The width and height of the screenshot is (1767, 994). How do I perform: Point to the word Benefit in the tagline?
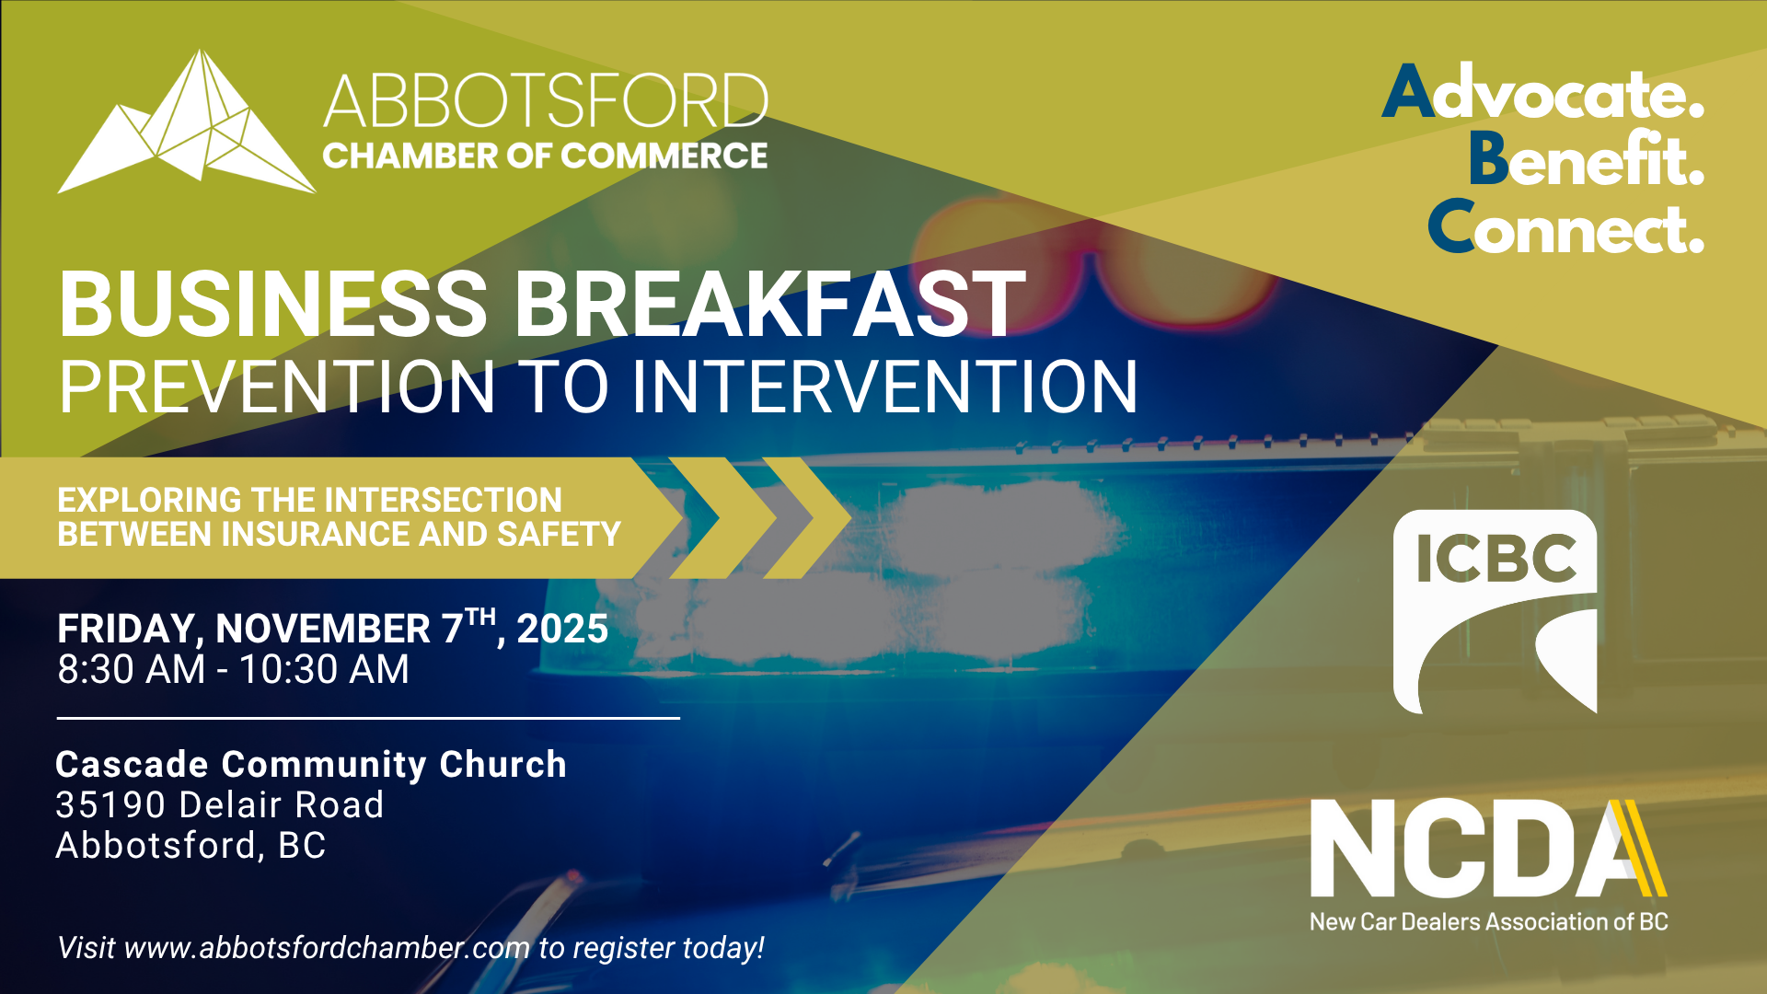click(1586, 157)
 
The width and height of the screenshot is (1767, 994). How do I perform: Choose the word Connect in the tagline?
click(1565, 226)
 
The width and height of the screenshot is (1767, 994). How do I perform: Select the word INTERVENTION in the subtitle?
click(884, 387)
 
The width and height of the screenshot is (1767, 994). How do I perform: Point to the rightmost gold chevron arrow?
click(807, 517)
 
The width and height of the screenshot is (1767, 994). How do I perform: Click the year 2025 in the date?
click(562, 629)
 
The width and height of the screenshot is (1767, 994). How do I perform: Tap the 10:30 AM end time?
click(324, 669)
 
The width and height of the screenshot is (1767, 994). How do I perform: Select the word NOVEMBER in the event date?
click(323, 629)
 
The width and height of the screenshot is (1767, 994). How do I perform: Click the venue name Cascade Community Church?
click(311, 765)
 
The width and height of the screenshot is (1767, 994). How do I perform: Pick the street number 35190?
click(111, 805)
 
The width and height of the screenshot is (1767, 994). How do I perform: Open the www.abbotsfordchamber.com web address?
click(328, 948)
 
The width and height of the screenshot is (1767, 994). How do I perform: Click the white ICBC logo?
click(1495, 612)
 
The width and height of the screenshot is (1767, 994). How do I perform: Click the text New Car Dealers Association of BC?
click(1489, 921)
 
